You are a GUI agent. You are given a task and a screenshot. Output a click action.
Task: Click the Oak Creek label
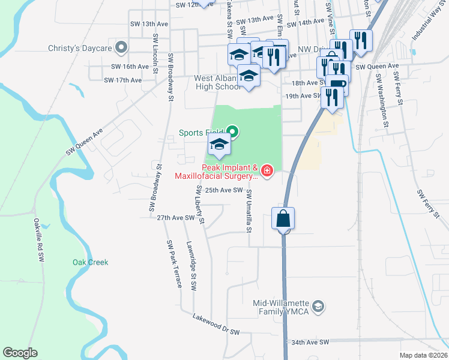click(x=90, y=262)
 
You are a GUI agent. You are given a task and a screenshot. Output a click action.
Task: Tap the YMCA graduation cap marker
click(x=319, y=307)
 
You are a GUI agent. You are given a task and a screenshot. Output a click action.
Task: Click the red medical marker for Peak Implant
click(x=267, y=172)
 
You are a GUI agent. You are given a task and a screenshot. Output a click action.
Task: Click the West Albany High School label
click(x=217, y=82)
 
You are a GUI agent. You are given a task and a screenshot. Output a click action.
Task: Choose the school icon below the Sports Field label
click(x=219, y=145)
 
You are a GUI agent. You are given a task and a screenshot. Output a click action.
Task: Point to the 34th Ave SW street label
click(x=310, y=342)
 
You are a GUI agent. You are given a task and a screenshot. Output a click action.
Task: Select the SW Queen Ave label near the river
click(x=85, y=140)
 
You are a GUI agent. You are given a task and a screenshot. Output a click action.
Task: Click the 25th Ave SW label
click(x=223, y=190)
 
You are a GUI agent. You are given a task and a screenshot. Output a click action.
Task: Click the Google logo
click(x=20, y=352)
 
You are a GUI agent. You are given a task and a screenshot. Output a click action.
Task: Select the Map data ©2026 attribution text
click(x=423, y=355)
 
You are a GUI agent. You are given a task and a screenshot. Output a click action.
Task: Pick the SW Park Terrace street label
click(x=174, y=264)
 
